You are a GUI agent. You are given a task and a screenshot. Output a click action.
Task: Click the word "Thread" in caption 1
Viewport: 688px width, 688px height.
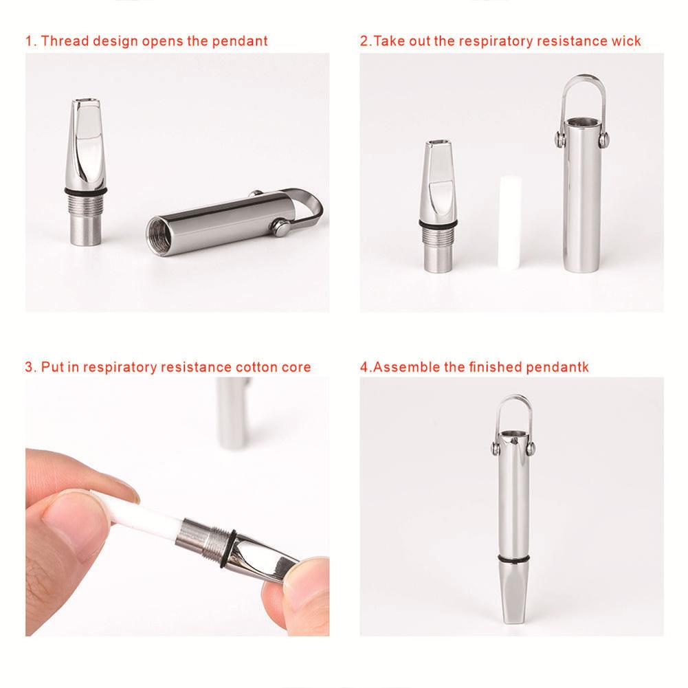click(x=63, y=41)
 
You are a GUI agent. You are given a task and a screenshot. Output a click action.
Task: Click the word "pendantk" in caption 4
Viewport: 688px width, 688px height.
click(x=557, y=367)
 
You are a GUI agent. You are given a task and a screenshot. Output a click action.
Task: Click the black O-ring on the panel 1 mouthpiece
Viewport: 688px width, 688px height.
click(x=86, y=190)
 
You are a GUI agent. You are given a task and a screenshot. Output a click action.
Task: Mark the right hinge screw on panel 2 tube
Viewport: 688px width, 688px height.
click(x=603, y=140)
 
